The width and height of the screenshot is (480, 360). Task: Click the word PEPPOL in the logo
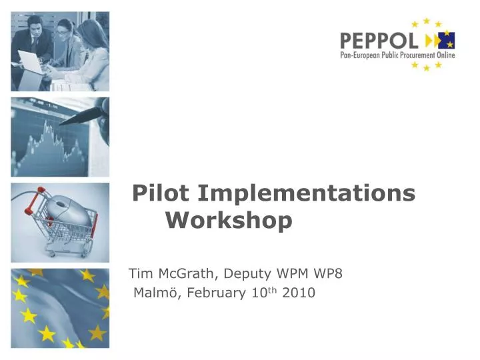[379, 41]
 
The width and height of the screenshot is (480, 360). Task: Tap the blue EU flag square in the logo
[447, 40]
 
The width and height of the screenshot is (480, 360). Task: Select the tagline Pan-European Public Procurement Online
[397, 55]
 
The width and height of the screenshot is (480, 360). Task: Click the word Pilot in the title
[161, 193]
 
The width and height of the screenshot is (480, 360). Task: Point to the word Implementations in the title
[307, 193]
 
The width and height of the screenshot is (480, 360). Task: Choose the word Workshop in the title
[229, 220]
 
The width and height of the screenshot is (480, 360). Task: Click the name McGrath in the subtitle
[187, 273]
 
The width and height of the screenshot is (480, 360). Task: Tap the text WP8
[328, 273]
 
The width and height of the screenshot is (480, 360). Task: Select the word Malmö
[156, 293]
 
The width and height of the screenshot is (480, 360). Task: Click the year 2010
[299, 293]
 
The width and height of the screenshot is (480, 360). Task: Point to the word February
[216, 293]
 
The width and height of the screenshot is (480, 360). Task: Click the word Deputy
[247, 274]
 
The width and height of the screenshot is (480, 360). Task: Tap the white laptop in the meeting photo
[30, 62]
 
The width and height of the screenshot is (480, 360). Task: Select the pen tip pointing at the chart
[62, 123]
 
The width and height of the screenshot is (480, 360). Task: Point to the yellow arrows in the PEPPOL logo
[432, 41]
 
